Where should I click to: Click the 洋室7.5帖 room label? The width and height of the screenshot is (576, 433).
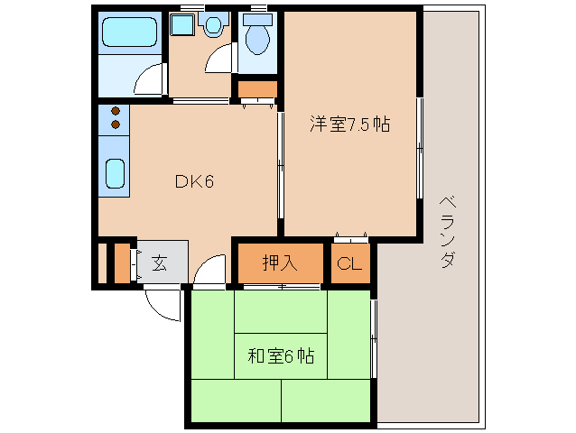349,125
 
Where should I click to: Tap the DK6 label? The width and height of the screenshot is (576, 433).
193,181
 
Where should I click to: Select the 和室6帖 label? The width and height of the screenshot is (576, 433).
280,355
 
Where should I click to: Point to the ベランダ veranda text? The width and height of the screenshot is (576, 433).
446,232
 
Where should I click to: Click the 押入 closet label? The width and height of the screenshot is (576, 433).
279,263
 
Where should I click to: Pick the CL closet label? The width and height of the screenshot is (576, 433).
349,264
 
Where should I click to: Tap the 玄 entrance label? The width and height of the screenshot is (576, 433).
159,263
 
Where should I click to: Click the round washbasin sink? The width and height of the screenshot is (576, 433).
213,26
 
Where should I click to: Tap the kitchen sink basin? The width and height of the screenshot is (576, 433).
116,173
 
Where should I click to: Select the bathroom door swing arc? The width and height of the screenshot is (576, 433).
149,80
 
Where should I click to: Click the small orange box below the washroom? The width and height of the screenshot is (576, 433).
257,89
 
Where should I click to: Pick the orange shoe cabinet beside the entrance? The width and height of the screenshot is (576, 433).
121,262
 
